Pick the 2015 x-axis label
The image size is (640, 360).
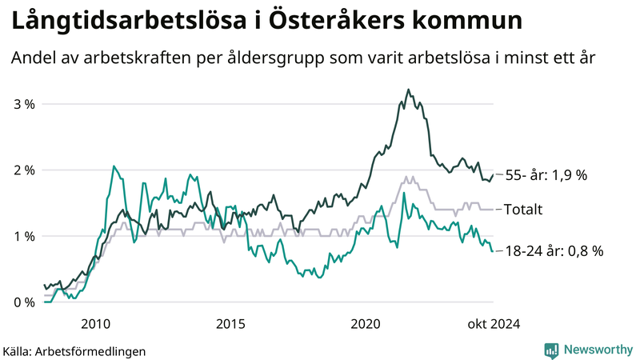click(231, 323)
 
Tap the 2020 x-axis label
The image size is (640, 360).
click(366, 323)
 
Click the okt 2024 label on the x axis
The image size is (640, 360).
click(494, 323)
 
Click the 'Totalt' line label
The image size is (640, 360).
click(523, 210)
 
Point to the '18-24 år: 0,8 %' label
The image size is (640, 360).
click(554, 251)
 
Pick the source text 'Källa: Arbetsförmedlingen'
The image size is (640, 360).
click(74, 350)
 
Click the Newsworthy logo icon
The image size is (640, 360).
click(551, 350)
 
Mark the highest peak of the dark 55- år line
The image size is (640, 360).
click(409, 90)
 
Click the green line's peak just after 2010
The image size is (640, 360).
click(114, 166)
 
